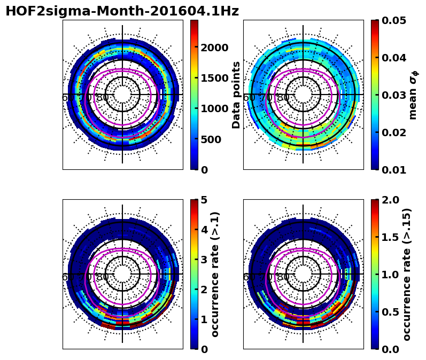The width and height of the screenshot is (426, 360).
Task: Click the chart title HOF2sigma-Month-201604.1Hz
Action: pos(122,11)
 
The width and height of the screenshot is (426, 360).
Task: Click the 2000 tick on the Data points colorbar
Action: pos(214,48)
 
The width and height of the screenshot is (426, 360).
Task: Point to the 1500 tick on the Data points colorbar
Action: pos(214,78)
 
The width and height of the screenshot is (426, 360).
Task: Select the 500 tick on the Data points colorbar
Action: pos(211,139)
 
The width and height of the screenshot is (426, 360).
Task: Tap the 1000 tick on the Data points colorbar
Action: pos(214,109)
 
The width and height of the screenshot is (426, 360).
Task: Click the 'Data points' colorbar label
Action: pos(236,95)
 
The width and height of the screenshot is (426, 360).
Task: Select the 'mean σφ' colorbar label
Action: pos(413,95)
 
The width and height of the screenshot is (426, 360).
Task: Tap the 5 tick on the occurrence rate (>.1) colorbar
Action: pos(204,200)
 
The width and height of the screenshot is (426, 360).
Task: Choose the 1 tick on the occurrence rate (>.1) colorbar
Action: pos(204,319)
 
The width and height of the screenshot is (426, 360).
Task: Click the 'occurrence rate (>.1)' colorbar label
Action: pos(215,274)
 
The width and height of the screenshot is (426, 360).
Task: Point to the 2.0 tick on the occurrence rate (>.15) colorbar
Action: pos(391,200)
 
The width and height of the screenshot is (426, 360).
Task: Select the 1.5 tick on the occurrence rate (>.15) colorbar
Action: pos(391,237)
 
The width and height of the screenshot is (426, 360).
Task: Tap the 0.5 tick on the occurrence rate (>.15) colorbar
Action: pos(391,312)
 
